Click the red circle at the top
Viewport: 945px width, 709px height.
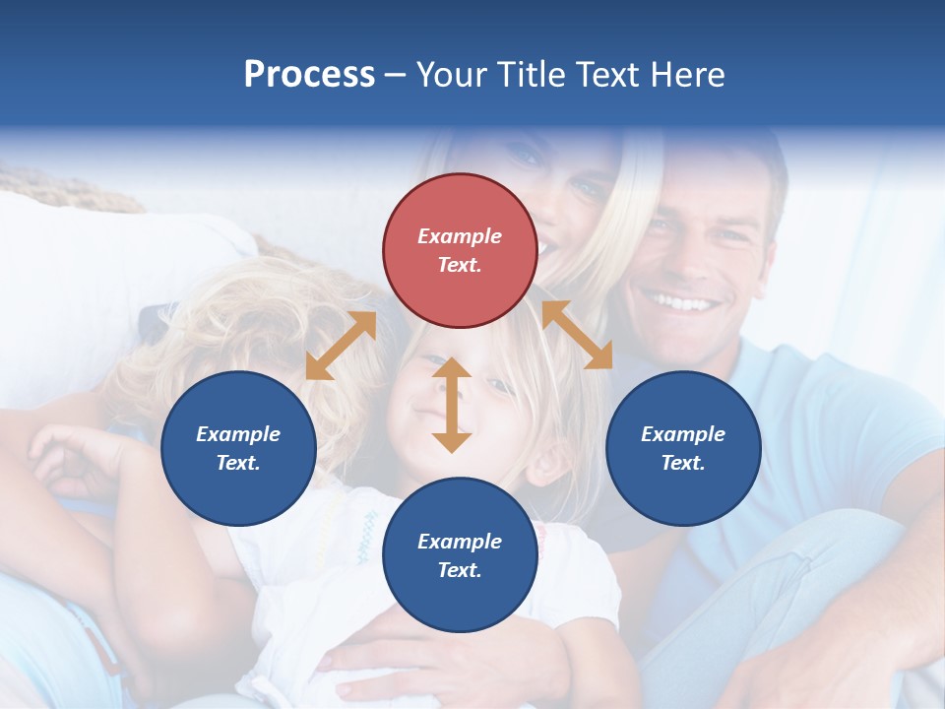pos(459,251)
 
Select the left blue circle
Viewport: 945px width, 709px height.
pos(238,448)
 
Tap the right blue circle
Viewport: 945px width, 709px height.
pos(683,448)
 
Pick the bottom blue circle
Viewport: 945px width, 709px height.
pos(459,555)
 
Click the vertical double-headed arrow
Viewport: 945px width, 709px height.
pos(452,405)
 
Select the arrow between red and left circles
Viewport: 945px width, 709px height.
pos(341,346)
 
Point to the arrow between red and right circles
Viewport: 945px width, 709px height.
pos(577,335)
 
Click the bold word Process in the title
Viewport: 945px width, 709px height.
pos(309,75)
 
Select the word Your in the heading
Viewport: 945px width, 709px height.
pos(451,75)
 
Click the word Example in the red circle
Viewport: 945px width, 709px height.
pos(459,236)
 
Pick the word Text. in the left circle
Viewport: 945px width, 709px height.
pos(238,463)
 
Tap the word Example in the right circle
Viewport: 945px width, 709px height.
pos(683,434)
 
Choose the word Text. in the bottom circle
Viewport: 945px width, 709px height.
pos(459,570)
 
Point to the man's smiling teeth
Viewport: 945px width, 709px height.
pos(679,301)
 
